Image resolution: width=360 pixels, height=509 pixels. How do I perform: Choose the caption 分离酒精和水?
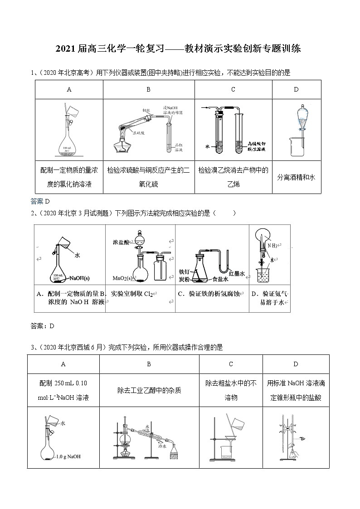coord(296,177)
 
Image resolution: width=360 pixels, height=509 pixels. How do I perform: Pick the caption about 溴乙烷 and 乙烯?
coord(233,177)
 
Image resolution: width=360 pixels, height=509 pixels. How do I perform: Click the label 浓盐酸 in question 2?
coord(121,242)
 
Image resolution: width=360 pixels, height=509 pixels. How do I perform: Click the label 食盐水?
coord(215,280)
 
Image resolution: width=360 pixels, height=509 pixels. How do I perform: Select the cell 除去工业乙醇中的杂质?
coord(149,390)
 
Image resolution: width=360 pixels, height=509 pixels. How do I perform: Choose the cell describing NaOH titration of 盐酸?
coord(296,390)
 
